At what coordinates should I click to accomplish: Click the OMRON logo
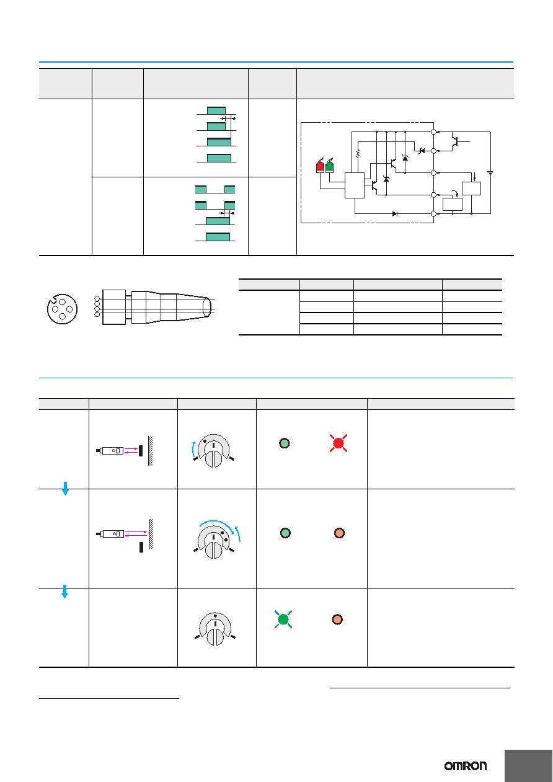(x=465, y=766)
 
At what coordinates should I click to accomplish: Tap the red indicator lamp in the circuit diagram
(x=320, y=167)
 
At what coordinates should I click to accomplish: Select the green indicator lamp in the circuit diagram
(x=329, y=167)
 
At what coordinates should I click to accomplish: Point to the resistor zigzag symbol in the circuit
(x=358, y=154)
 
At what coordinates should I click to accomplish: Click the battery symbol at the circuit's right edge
(x=490, y=172)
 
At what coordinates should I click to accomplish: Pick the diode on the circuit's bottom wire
(x=394, y=214)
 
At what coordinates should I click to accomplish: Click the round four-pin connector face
(x=62, y=309)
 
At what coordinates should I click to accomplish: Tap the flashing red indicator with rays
(x=338, y=443)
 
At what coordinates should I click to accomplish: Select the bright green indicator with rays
(x=283, y=620)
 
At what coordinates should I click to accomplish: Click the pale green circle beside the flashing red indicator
(x=285, y=443)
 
